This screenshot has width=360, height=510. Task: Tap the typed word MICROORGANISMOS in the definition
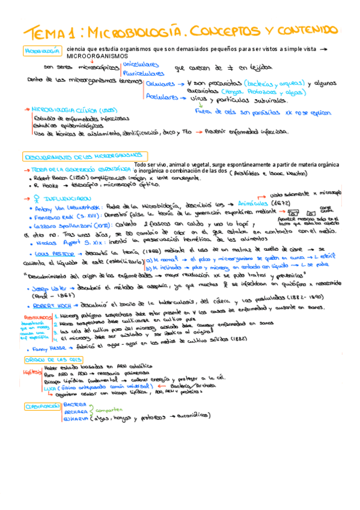click(x=96, y=56)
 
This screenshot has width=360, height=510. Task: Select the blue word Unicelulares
click(x=141, y=63)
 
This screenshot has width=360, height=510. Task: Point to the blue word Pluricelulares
click(x=144, y=72)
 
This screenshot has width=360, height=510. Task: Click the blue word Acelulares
click(x=162, y=96)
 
